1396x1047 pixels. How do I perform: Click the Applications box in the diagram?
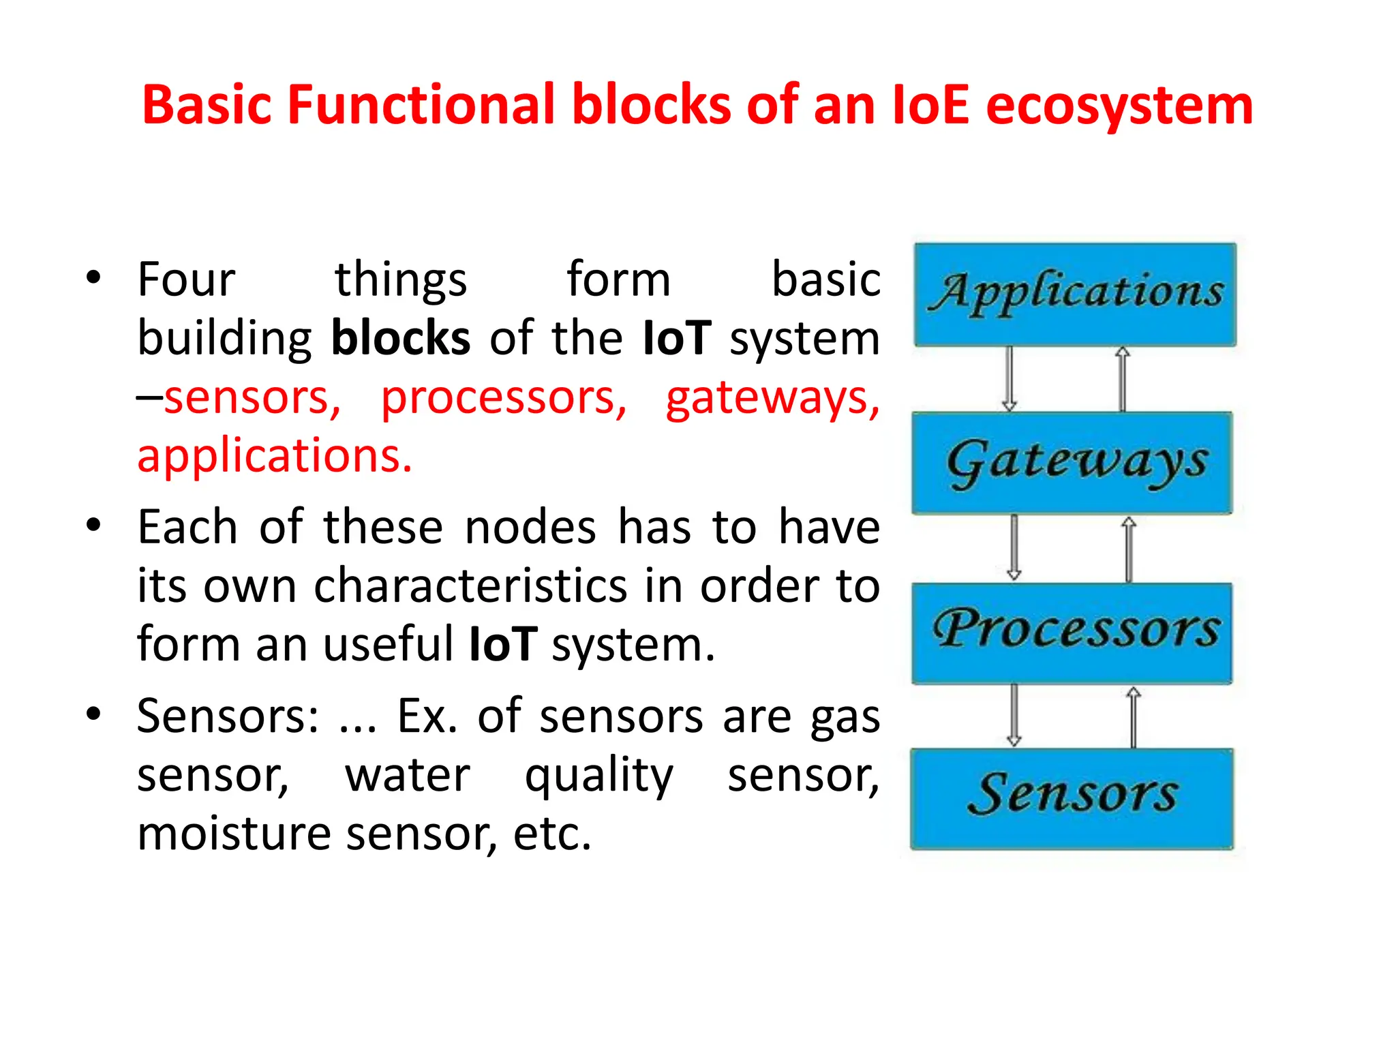tap(1075, 294)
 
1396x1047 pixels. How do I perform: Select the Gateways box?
tap(1072, 463)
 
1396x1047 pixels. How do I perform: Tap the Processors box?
tap(1072, 633)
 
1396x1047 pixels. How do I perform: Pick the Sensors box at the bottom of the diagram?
tap(1072, 798)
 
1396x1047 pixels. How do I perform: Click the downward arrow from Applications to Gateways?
tap(1010, 379)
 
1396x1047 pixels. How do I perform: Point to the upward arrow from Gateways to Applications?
tap(1122, 379)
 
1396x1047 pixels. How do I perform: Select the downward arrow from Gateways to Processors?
tap(1014, 547)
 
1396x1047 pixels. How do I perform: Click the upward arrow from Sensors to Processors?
tap(1133, 716)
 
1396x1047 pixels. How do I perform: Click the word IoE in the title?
tap(930, 105)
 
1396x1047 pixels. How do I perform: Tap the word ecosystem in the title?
tap(1119, 106)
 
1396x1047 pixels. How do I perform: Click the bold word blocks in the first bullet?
tap(401, 338)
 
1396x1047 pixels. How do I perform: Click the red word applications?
tap(275, 456)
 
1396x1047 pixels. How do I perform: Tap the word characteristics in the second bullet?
tap(470, 586)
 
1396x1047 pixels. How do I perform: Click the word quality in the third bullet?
tap(599, 776)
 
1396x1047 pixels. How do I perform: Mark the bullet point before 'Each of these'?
tap(93, 526)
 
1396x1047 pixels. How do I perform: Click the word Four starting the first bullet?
tap(186, 279)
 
